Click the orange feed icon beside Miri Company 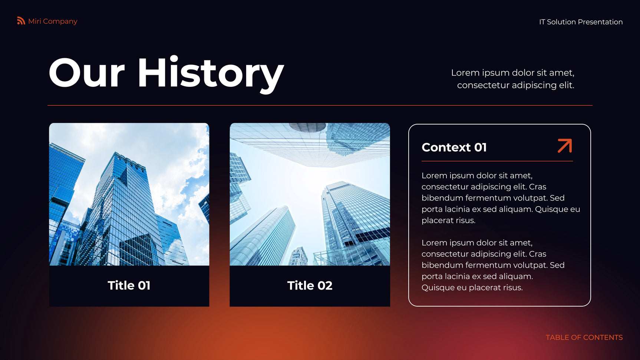point(21,21)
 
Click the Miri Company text point(53,22)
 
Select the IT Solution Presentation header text point(581,22)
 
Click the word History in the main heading point(211,74)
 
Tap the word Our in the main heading point(87,73)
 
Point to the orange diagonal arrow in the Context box point(565,146)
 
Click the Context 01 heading point(454,147)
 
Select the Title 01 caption point(129,285)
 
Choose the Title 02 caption point(310,285)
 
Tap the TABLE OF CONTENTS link point(584,337)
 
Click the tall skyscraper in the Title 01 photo point(126,208)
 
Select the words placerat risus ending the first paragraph point(448,221)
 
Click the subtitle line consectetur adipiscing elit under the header point(515,85)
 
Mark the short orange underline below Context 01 point(497,161)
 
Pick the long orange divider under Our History point(320,105)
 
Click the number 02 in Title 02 point(325,285)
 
